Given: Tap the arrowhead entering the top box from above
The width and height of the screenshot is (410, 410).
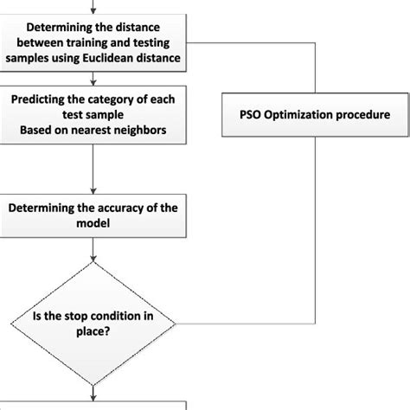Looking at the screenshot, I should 93,10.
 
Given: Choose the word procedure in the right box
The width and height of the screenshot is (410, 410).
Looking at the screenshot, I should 362,114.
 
